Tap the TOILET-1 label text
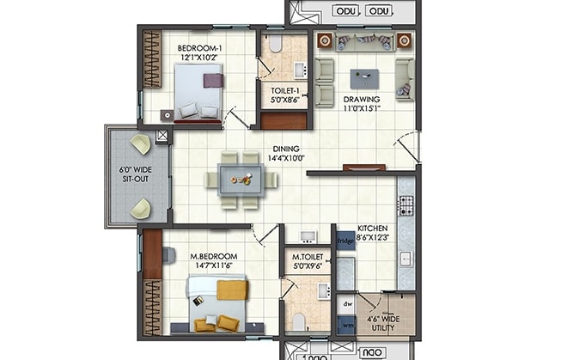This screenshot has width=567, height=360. (284, 94)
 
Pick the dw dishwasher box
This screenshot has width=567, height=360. (348, 303)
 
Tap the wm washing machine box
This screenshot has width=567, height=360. (348, 325)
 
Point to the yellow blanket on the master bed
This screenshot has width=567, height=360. (231, 290)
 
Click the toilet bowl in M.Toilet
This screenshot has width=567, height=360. (298, 321)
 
